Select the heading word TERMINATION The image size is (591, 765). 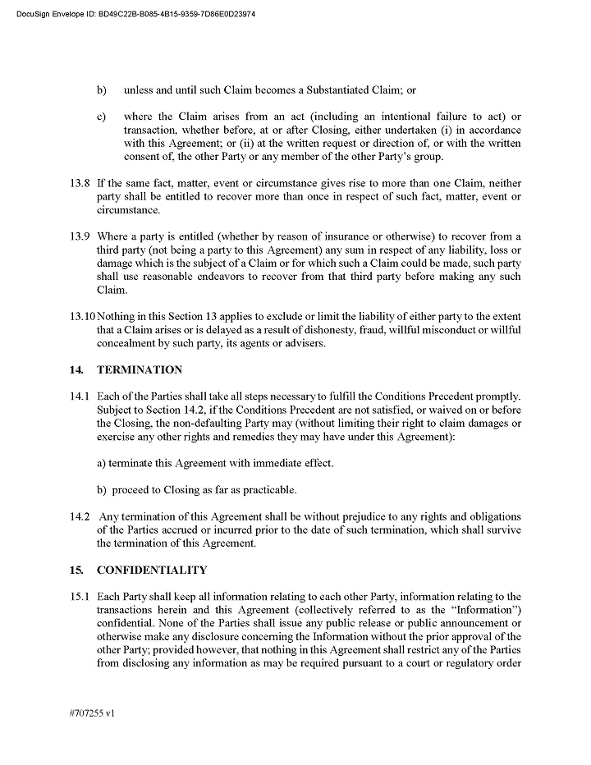pos(140,370)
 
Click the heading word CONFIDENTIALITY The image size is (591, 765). pos(152,570)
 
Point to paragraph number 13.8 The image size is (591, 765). pos(80,183)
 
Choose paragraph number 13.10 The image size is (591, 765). pos(82,317)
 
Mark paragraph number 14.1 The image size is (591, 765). pos(80,396)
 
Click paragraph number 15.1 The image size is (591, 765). pos(80,596)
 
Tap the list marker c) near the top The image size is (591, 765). pos(102,117)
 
